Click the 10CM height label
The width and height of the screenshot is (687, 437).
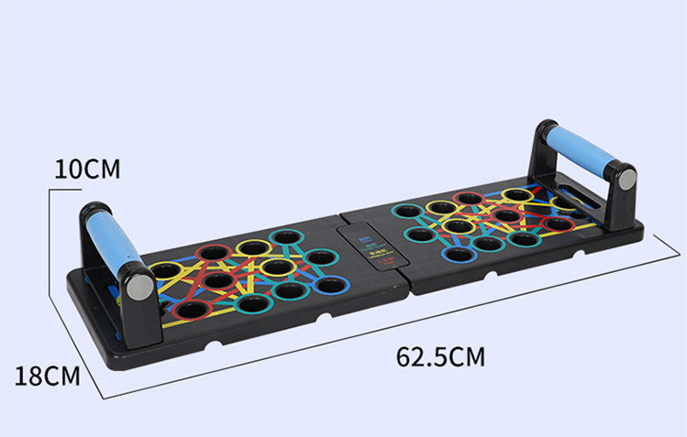pos(87,169)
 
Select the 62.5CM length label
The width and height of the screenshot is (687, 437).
pos(440,355)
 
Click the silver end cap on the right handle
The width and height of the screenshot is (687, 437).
pos(626,180)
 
